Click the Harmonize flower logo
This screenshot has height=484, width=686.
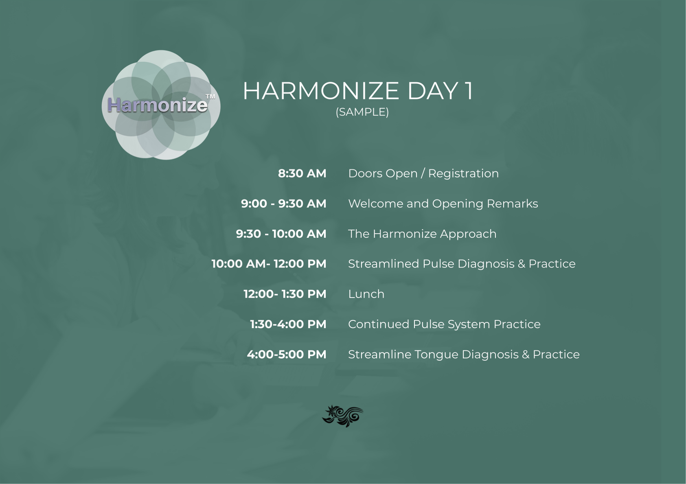click(161, 105)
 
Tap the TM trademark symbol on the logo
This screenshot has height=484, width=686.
click(210, 97)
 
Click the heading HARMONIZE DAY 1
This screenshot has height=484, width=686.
click(358, 91)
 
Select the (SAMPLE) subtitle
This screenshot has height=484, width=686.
click(362, 112)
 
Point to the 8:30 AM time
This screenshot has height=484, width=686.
click(302, 173)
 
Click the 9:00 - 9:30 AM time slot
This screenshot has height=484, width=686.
click(284, 204)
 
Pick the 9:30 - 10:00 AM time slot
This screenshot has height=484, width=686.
click(281, 234)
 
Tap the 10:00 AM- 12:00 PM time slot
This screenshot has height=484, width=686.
click(269, 264)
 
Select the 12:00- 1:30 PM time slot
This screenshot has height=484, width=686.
click(285, 294)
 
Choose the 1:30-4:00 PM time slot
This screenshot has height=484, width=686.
click(288, 324)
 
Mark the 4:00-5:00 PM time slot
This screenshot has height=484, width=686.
click(287, 355)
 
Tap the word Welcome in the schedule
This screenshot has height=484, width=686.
click(376, 204)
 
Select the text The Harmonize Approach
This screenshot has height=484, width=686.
click(422, 234)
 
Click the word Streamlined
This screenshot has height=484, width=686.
click(384, 264)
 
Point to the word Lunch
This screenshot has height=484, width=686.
click(366, 294)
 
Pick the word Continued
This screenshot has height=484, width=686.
click(379, 324)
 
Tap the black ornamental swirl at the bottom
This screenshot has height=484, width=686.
click(343, 416)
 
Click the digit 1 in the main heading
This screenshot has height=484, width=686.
click(469, 91)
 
